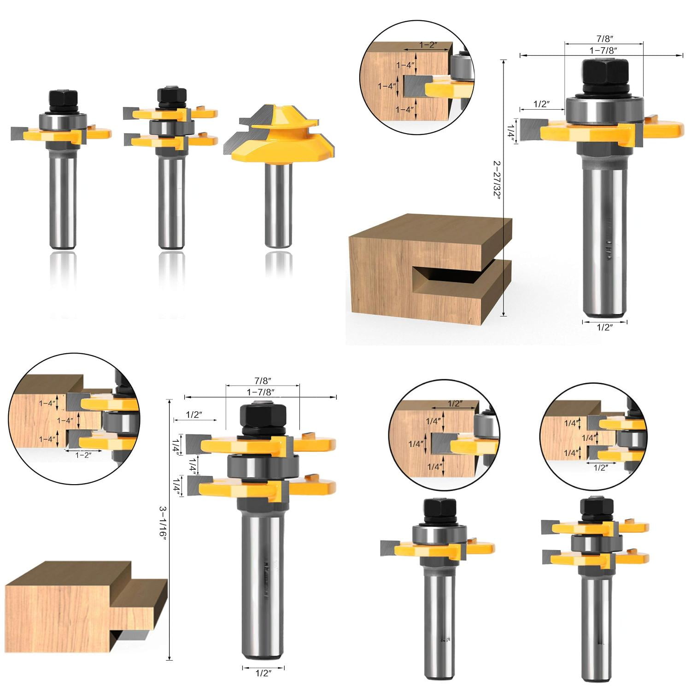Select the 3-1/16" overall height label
point(163,522)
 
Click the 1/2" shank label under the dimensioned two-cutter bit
point(263,673)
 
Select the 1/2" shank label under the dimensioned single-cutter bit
point(604,328)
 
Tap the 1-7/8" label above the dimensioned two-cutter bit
point(260,392)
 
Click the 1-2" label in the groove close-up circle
point(427,45)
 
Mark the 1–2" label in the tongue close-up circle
point(82,455)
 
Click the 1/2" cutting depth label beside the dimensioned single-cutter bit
point(541,104)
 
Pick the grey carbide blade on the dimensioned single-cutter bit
point(533,130)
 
